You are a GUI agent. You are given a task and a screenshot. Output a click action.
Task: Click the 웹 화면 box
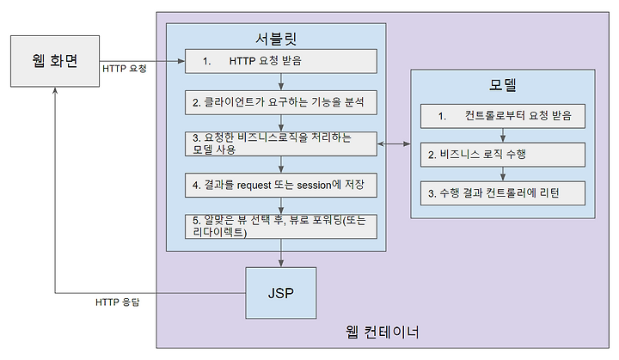(55, 61)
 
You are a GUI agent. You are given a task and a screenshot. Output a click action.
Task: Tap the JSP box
(281, 293)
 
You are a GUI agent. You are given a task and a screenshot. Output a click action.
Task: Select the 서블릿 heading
(276, 39)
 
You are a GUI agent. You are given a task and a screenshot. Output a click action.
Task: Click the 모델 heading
(503, 84)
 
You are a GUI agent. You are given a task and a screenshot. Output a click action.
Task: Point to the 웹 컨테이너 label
(382, 332)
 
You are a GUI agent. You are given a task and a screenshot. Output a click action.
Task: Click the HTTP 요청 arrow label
(125, 69)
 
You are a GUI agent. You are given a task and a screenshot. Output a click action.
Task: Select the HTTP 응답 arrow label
(118, 302)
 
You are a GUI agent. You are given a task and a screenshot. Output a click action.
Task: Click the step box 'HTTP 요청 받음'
(281, 61)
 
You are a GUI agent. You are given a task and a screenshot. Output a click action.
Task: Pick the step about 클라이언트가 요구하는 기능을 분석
(281, 102)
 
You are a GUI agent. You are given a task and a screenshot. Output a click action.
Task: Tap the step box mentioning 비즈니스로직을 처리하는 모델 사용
(281, 143)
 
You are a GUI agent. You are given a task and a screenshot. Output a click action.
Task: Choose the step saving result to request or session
(281, 185)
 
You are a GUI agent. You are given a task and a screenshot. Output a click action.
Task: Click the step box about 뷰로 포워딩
(281, 227)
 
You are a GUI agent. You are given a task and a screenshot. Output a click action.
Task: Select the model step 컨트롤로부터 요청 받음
(503, 116)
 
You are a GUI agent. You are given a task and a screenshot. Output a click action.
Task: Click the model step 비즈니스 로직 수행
(503, 155)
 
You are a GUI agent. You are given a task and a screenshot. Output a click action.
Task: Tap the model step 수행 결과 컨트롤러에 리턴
(503, 193)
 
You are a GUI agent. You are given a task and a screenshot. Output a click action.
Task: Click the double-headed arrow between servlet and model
(394, 144)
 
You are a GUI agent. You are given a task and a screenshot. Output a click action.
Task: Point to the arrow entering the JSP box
(281, 253)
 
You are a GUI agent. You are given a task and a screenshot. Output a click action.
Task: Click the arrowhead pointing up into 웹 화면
(55, 90)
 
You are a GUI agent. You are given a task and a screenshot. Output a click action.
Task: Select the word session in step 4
(314, 185)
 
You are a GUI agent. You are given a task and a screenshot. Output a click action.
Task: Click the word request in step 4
(254, 186)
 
